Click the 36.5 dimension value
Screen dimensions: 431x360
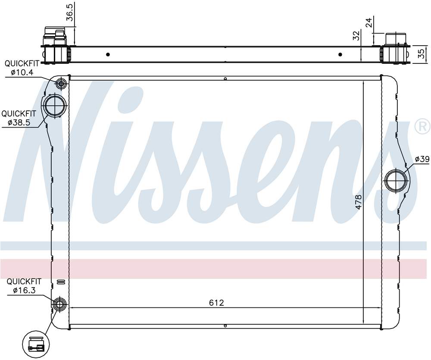tap(70, 13)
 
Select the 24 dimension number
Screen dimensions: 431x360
tap(369, 22)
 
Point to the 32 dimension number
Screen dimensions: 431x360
tap(356, 35)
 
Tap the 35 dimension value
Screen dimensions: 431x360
tap(421, 53)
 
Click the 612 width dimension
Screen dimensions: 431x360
tap(217, 303)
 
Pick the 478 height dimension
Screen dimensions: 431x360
tap(358, 202)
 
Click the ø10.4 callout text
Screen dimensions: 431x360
tap(22, 72)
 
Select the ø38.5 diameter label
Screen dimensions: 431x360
tap(19, 122)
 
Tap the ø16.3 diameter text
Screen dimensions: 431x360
tap(24, 290)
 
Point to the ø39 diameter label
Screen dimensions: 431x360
tap(422, 159)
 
